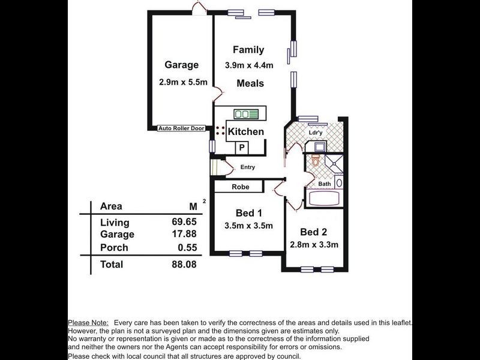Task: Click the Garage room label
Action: click(181, 65)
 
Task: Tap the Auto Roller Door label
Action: click(181, 128)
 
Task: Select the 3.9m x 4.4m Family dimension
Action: click(248, 65)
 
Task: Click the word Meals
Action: click(250, 83)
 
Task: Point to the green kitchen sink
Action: click(247, 113)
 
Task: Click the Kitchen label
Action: click(245, 131)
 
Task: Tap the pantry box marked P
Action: click(242, 147)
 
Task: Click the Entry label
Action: click(247, 167)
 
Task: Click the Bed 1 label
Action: click(248, 212)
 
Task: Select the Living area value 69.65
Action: click(184, 223)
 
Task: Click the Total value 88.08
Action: click(184, 264)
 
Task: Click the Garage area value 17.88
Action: click(184, 235)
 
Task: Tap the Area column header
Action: click(111, 206)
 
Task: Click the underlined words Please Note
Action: click(88, 323)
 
